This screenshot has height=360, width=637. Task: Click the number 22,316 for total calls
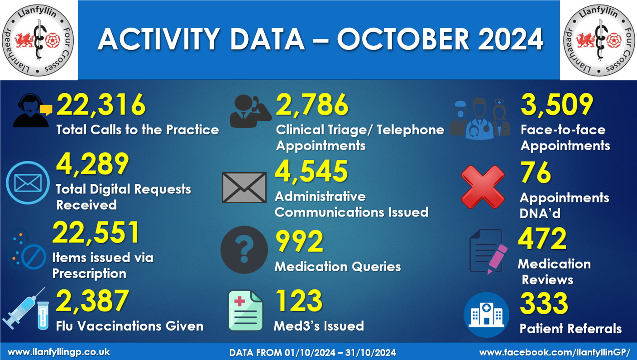[x=101, y=106]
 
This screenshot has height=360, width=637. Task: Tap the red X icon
[x=482, y=187]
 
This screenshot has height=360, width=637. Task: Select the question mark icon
[x=244, y=250]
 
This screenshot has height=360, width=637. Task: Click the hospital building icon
[x=487, y=314]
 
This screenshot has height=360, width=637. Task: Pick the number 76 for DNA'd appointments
[x=536, y=173]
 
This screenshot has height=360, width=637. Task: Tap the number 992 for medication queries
[x=299, y=242]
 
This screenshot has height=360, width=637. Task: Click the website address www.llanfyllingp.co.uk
[x=59, y=352]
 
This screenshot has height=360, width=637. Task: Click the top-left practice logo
[x=38, y=40]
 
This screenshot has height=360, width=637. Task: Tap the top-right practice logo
[x=599, y=40]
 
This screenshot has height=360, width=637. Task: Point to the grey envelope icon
[x=244, y=187]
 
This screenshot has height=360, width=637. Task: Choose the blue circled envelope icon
[x=28, y=183]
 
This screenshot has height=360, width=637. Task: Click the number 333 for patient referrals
[x=543, y=303]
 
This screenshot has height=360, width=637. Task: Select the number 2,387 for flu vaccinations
[x=92, y=301]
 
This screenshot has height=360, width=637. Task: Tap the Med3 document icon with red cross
[x=245, y=311]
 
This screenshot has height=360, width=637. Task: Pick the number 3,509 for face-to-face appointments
[x=556, y=105]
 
